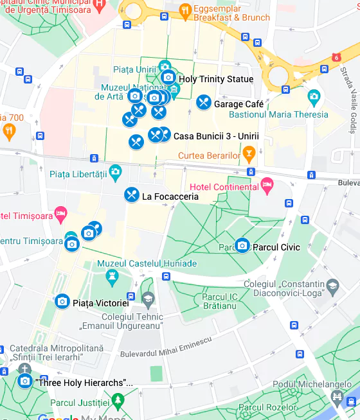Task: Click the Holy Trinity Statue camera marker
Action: point(168,78)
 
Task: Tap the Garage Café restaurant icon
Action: point(204,102)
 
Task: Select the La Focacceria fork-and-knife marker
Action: point(132,195)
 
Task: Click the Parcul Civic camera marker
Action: point(242,245)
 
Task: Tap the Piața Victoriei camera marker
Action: point(62,301)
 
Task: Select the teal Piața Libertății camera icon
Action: point(115,171)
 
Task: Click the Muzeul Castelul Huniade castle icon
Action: point(113,277)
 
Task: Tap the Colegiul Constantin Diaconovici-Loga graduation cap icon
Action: point(332,285)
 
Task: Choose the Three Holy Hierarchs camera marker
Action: point(25,381)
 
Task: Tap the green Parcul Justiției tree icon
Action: point(117,401)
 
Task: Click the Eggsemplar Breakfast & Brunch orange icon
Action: point(185,10)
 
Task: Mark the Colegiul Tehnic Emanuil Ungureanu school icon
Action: point(148,300)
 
